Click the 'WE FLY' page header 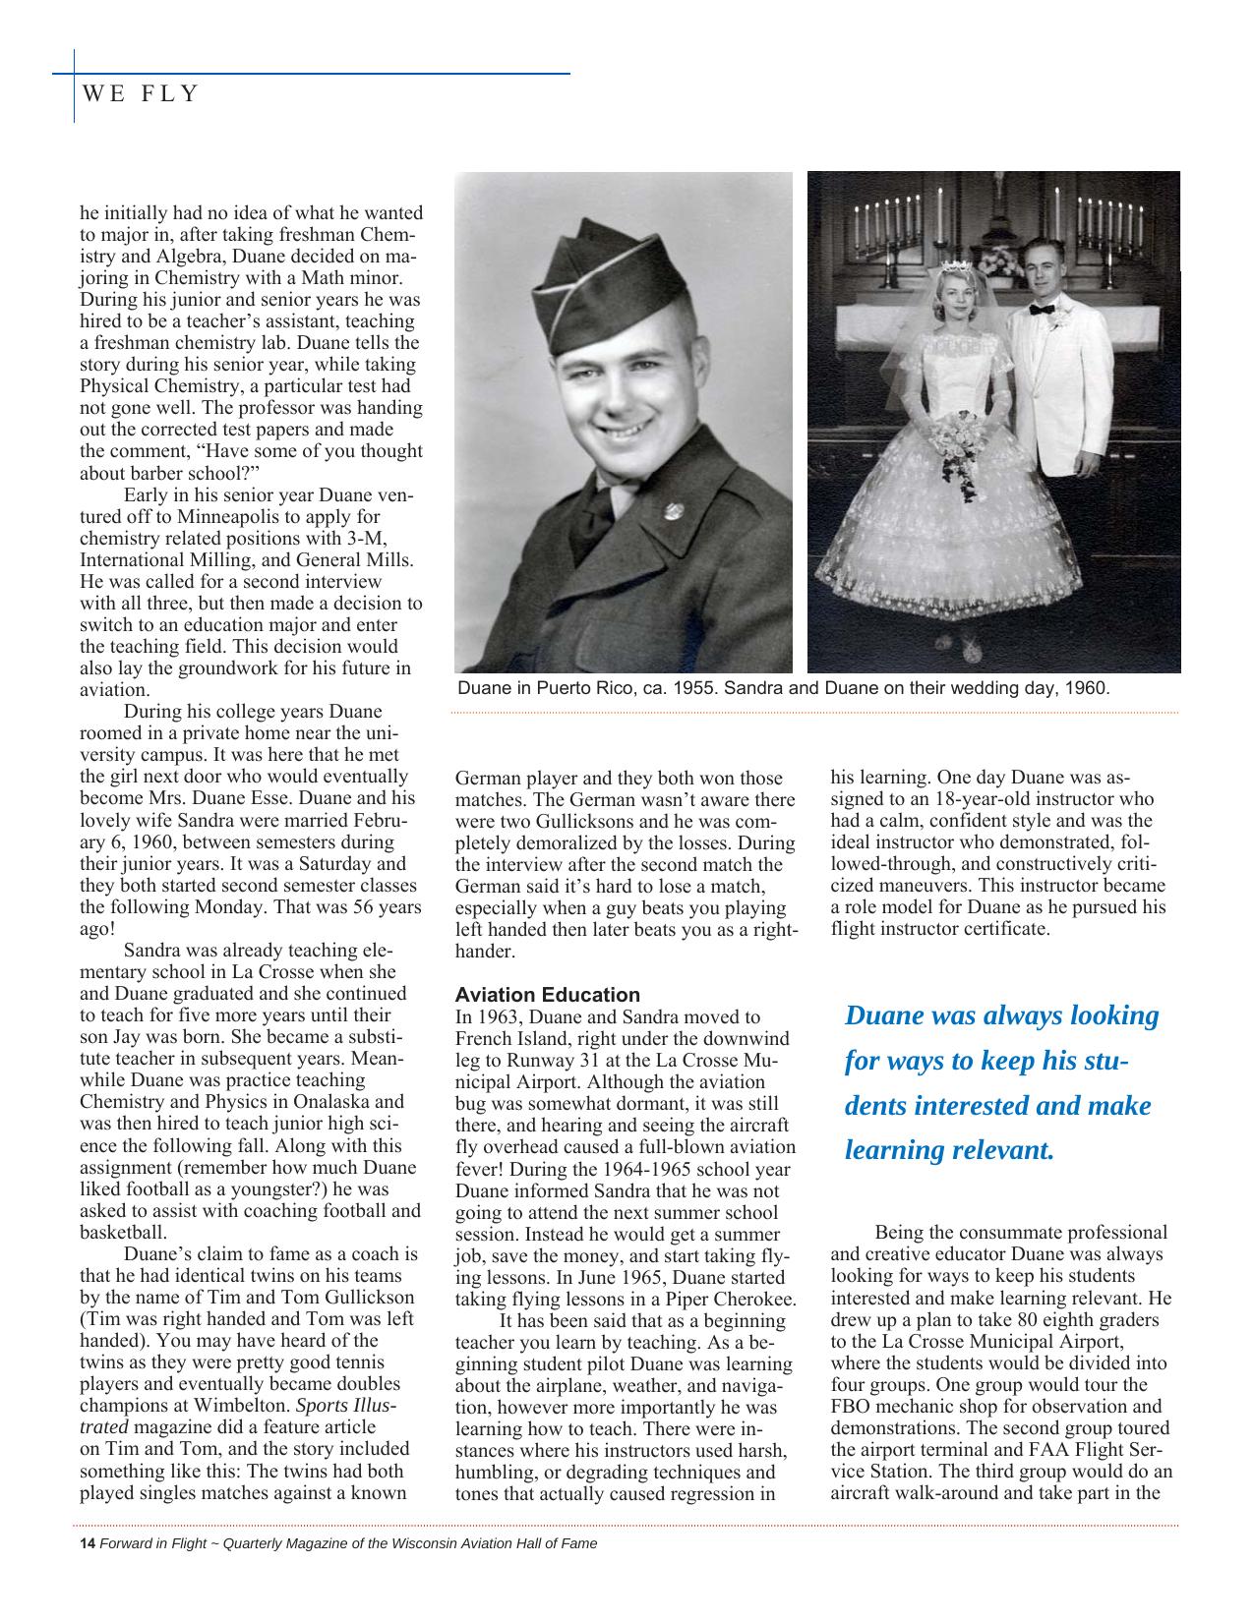click(x=141, y=94)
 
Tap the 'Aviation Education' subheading click(x=548, y=994)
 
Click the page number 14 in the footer click(x=87, y=1543)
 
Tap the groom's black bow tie click(x=1042, y=309)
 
